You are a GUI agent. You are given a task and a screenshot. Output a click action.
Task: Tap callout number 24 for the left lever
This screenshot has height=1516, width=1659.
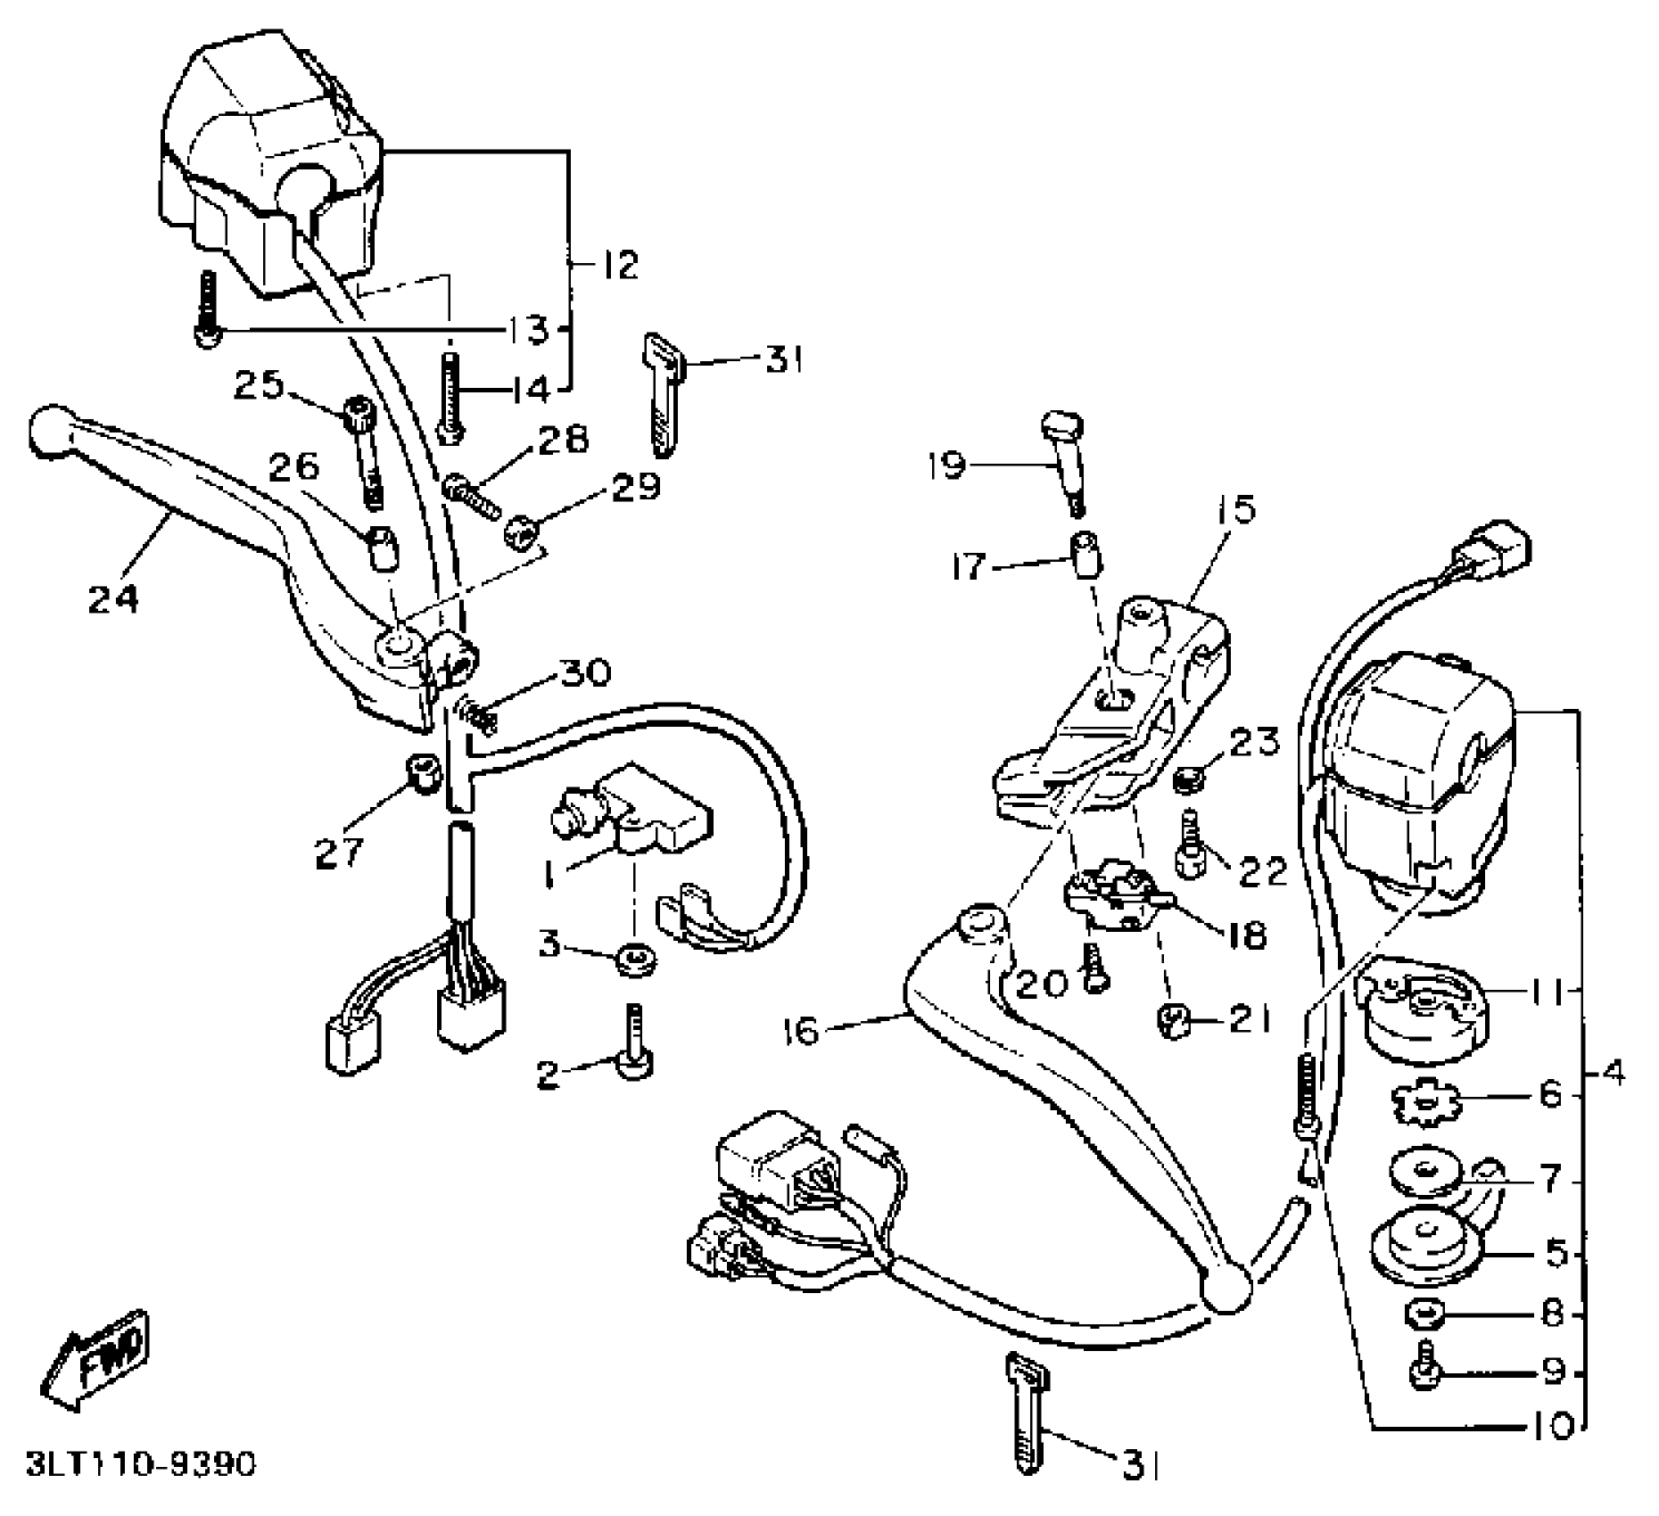[x=113, y=597]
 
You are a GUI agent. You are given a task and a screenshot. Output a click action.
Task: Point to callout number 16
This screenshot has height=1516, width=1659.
[x=800, y=1032]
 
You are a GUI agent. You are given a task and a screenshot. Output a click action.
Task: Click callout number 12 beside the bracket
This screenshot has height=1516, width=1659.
[x=616, y=265]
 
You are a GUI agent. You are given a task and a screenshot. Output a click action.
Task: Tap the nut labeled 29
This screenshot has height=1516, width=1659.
[x=519, y=533]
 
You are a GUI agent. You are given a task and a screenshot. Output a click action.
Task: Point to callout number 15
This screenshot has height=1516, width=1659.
[x=1238, y=510]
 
